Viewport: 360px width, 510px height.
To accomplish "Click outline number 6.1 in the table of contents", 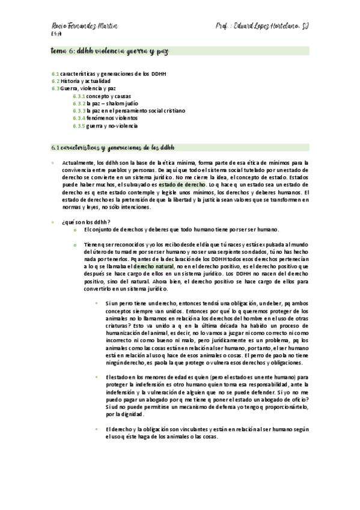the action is click(x=55, y=73).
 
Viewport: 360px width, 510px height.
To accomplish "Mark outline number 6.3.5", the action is click(x=79, y=126).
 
